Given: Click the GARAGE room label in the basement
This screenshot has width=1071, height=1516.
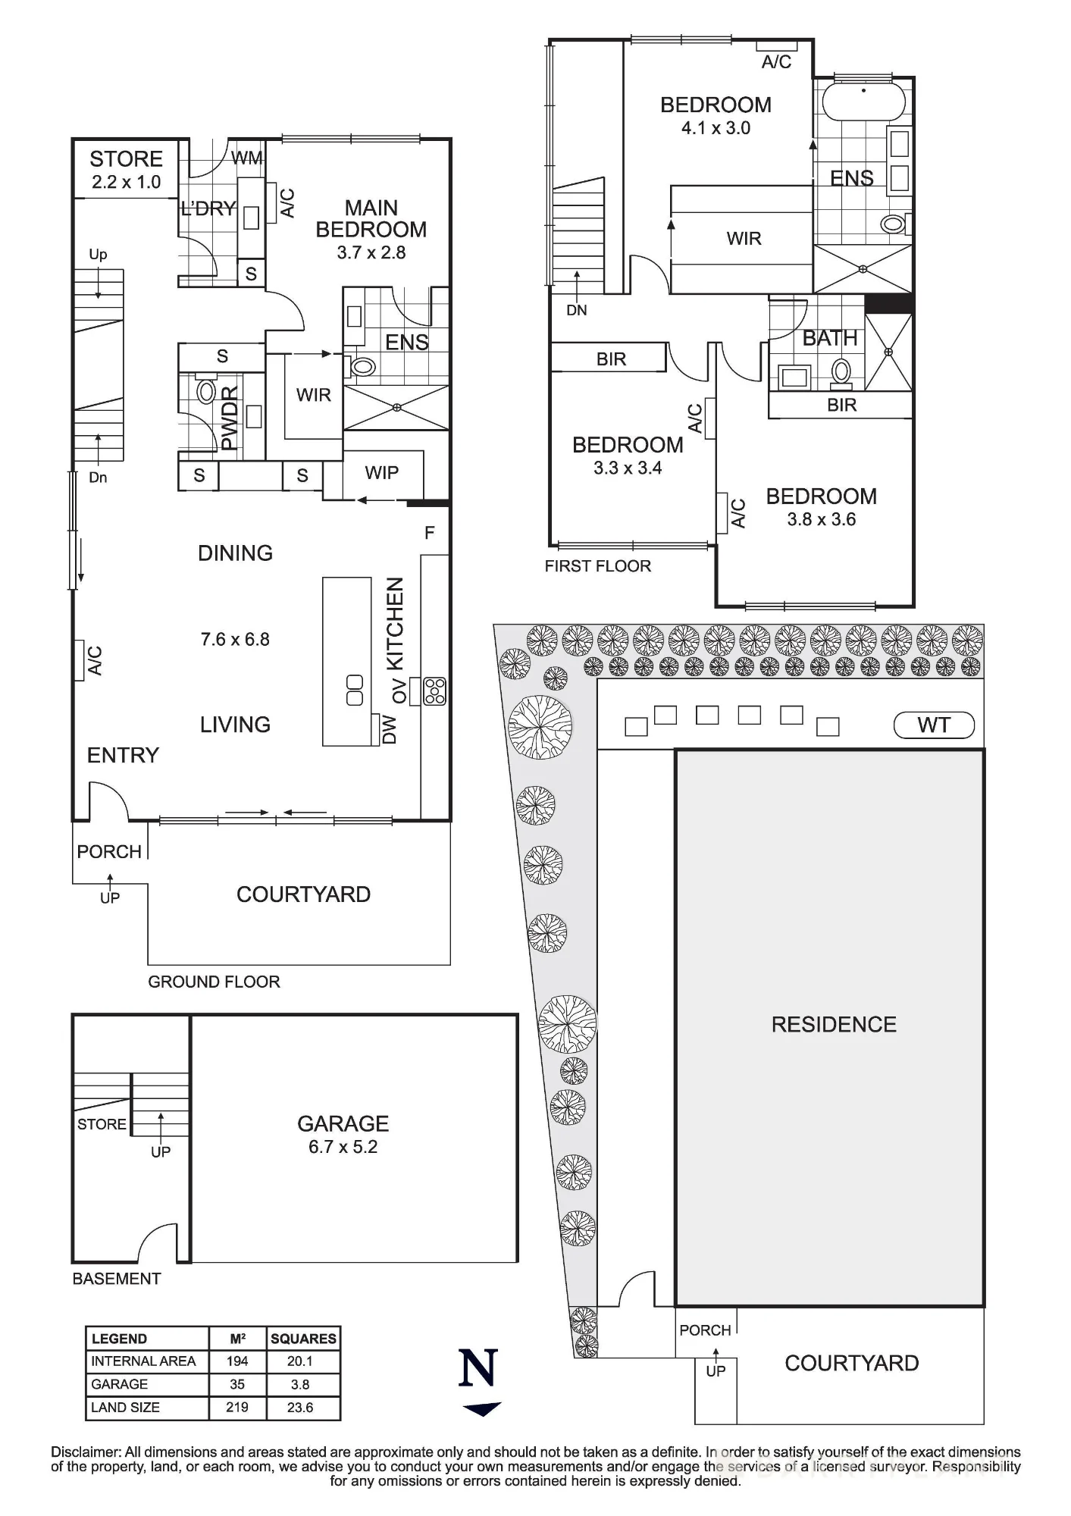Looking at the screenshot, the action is (x=343, y=1123).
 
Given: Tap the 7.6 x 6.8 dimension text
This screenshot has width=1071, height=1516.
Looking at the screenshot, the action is (x=235, y=639).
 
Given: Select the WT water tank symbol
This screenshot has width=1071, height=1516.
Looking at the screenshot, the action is (x=934, y=725).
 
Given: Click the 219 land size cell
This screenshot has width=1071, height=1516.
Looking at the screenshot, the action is (x=237, y=1407).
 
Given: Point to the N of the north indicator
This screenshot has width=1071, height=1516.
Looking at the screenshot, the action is (x=478, y=1368).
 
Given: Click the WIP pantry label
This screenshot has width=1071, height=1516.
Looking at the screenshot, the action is (x=381, y=473).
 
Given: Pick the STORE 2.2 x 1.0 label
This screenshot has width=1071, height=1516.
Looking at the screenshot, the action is (x=127, y=170).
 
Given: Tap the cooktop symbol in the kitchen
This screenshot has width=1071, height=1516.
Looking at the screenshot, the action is (x=435, y=691).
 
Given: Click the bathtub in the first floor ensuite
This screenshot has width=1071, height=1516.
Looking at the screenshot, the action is (x=863, y=100).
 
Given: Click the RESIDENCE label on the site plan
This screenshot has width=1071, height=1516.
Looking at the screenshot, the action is (x=834, y=1025).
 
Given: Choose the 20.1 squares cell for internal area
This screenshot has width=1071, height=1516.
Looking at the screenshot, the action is (x=300, y=1361).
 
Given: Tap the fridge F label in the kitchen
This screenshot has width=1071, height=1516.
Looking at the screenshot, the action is (x=430, y=533).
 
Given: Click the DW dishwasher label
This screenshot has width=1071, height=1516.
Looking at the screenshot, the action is (x=389, y=728).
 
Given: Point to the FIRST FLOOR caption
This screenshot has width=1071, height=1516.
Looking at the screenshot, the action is (x=598, y=566).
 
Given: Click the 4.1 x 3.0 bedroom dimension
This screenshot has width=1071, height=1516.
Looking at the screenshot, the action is (x=716, y=128).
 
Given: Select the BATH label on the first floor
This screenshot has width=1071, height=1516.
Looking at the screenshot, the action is (x=830, y=338).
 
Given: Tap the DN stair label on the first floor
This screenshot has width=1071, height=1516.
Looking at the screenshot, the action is (x=577, y=310).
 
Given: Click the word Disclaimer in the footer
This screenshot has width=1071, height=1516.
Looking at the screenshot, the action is (x=86, y=1452).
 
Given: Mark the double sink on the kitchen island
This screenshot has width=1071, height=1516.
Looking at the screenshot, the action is (x=355, y=690).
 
